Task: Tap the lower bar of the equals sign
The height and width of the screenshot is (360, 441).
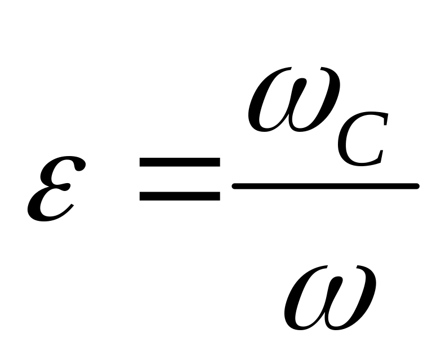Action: (x=179, y=196)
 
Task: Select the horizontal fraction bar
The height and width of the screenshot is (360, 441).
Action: (x=326, y=185)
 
